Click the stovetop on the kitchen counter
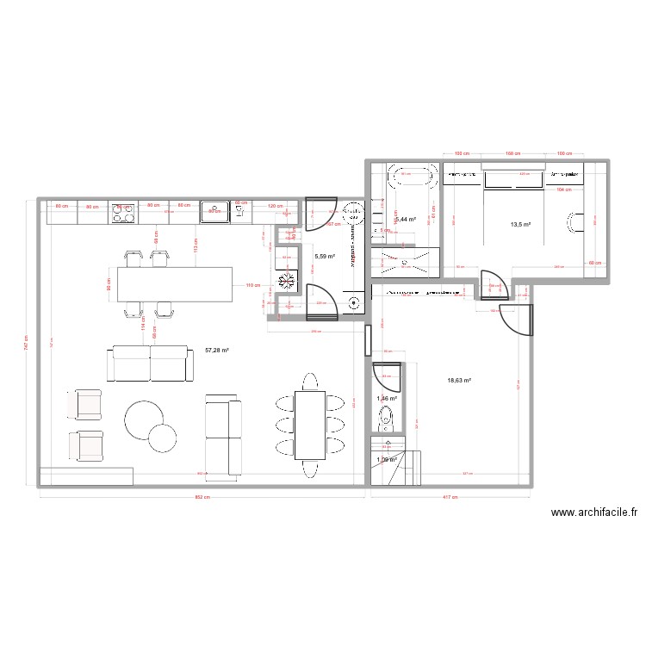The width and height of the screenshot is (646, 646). click(x=123, y=212)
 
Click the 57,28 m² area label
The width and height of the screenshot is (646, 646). click(x=217, y=351)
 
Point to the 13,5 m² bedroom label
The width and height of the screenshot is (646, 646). click(x=521, y=225)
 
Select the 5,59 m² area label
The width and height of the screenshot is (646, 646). click(x=325, y=256)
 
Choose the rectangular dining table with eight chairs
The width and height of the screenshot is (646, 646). click(x=309, y=424)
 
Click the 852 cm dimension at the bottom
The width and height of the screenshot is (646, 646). click(x=200, y=497)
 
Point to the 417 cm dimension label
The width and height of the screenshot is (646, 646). click(x=448, y=497)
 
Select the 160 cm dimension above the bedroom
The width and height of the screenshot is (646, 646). click(x=513, y=154)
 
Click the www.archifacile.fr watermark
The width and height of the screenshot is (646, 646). click(x=593, y=513)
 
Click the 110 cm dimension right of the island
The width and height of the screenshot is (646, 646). click(x=252, y=285)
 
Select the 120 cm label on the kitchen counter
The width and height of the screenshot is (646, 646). click(x=274, y=207)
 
